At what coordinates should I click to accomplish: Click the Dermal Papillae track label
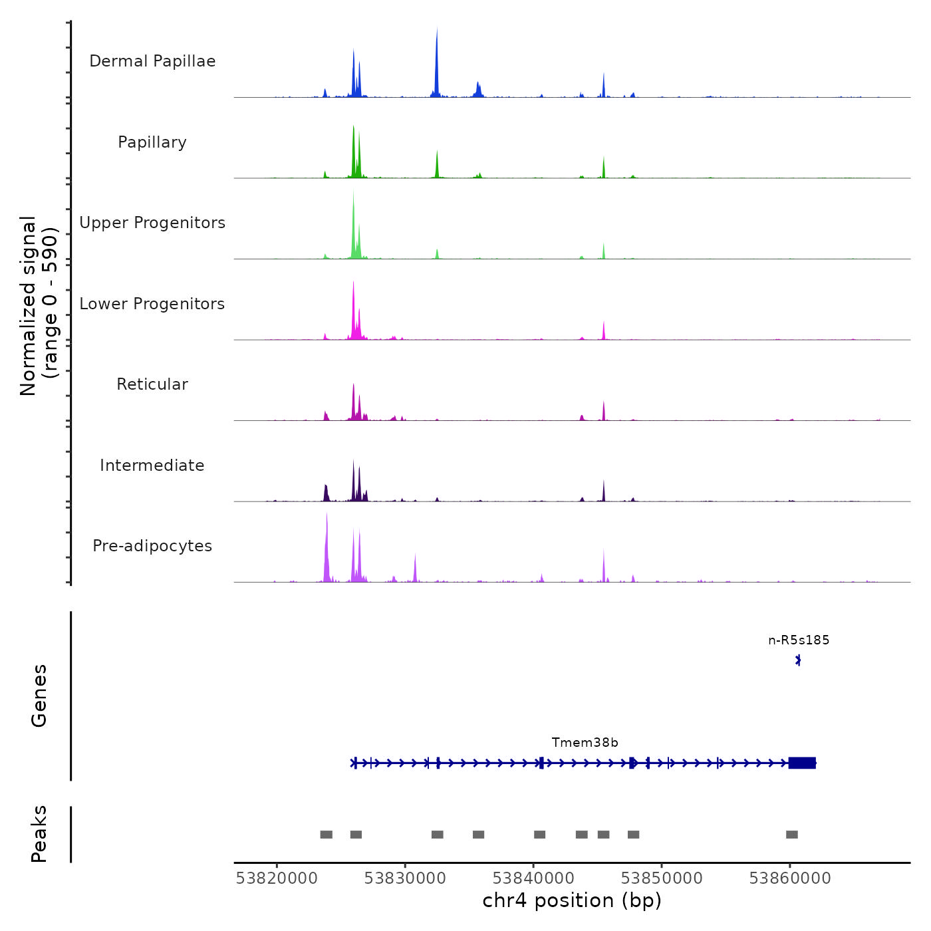(x=152, y=61)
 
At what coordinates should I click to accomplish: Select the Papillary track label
(x=152, y=142)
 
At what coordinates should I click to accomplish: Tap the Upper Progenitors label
(x=152, y=223)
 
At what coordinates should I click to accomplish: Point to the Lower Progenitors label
(x=152, y=304)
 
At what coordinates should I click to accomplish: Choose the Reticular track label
(x=152, y=384)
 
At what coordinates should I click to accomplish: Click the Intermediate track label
(x=152, y=465)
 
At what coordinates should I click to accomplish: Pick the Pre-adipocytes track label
(x=152, y=546)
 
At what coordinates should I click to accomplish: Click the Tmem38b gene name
(x=585, y=743)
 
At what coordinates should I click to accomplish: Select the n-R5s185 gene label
(x=799, y=640)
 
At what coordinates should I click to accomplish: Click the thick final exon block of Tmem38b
(x=802, y=763)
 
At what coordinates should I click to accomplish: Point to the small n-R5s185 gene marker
(x=799, y=660)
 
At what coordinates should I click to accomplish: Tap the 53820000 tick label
(x=277, y=878)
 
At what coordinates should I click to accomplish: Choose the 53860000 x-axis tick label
(x=790, y=878)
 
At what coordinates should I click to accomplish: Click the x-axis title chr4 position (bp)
(x=572, y=900)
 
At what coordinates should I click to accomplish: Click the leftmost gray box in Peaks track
(x=326, y=835)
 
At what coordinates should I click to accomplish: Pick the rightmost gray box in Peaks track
(x=791, y=835)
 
